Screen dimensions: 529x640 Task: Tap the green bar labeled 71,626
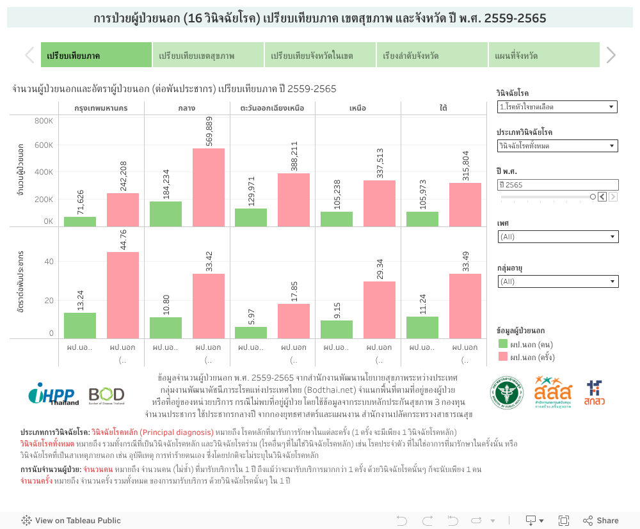click(80, 221)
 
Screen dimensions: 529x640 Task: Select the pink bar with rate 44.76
click(123, 295)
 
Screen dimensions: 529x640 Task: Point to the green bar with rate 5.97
click(251, 333)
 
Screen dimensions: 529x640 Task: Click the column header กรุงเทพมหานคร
click(101, 107)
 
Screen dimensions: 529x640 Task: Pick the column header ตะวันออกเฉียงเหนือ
click(272, 107)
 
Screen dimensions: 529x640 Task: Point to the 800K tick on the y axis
click(44, 121)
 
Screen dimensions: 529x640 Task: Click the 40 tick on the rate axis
click(49, 262)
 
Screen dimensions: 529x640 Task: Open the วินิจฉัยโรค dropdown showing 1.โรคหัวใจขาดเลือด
click(557, 107)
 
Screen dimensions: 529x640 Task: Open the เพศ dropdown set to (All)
click(557, 237)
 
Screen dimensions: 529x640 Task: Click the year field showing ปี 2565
click(557, 185)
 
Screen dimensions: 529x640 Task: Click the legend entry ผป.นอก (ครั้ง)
click(532, 357)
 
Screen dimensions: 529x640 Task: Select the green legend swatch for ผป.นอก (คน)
click(503, 344)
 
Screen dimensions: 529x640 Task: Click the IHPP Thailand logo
click(53, 394)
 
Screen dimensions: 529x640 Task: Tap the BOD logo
click(106, 394)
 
